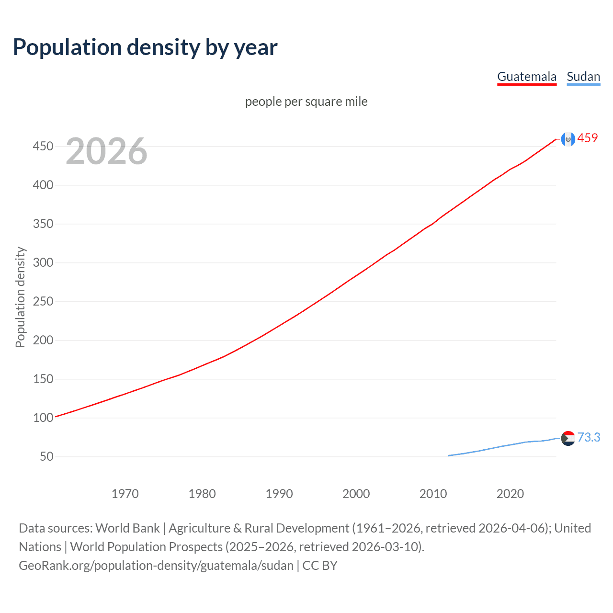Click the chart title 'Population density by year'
pos(145,47)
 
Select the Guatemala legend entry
pos(527,77)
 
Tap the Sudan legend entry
pos(583,77)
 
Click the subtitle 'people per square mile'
pos(306,102)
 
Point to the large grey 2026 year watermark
pos(106,151)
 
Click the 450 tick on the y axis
pos(43,146)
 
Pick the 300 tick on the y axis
pos(43,262)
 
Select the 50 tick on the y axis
pos(46,456)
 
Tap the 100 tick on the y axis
pos(43,418)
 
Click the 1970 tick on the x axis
pos(125,494)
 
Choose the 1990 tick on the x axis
pos(279,494)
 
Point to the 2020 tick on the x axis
pos(510,494)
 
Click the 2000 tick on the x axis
pos(356,494)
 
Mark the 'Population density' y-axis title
pos(20,297)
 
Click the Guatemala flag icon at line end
pos(568,139)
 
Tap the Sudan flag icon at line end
pos(568,438)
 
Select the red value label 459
pos(588,138)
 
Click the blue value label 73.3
pos(589,437)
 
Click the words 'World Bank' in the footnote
pos(127,528)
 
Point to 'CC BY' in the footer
pos(320,566)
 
